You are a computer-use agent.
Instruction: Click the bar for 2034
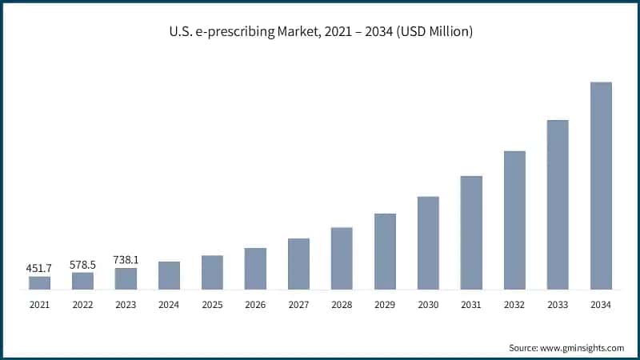pyautogui.click(x=601, y=186)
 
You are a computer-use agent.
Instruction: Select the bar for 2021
pyautogui.click(x=39, y=282)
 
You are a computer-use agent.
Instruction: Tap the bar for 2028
pyautogui.click(x=342, y=258)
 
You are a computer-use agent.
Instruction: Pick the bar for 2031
pyautogui.click(x=471, y=232)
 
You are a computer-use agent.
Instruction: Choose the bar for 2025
pyautogui.click(x=212, y=272)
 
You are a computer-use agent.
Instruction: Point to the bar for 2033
pyautogui.click(x=558, y=204)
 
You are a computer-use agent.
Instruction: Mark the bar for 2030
pyautogui.click(x=428, y=242)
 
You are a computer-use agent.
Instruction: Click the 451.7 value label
pyautogui.click(x=39, y=268)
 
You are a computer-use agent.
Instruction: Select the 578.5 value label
pyautogui.click(x=82, y=263)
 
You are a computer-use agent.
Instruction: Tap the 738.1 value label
pyautogui.click(x=126, y=259)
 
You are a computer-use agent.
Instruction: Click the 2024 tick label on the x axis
pyautogui.click(x=169, y=305)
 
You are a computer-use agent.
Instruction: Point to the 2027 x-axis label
pyautogui.click(x=298, y=305)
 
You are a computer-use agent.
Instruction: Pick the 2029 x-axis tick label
pyautogui.click(x=385, y=305)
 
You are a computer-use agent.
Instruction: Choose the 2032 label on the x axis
pyautogui.click(x=514, y=305)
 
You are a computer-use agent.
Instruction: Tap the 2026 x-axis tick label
pyautogui.click(x=255, y=305)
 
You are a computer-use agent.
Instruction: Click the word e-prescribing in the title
pyautogui.click(x=229, y=32)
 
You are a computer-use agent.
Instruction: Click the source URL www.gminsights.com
pyautogui.click(x=582, y=348)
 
